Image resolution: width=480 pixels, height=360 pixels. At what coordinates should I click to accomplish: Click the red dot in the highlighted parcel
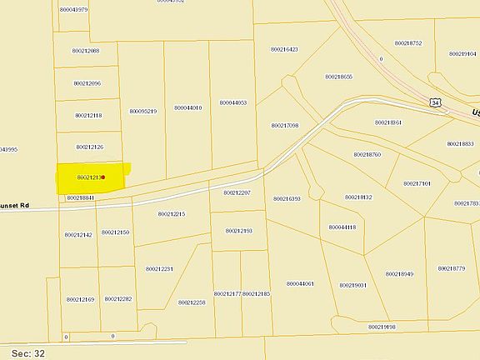(x=102, y=177)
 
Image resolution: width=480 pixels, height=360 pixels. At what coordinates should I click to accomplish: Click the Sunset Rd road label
(x=15, y=204)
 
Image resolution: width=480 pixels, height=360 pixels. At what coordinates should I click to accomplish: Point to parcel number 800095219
(x=143, y=111)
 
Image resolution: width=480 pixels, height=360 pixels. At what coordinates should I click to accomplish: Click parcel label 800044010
(x=188, y=107)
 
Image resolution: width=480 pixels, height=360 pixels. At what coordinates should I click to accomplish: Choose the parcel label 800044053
(x=233, y=102)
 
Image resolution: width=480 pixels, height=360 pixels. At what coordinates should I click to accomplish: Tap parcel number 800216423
(x=284, y=49)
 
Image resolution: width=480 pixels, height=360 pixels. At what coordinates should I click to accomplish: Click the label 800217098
(x=284, y=125)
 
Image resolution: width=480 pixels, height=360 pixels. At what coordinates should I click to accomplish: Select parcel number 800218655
(x=339, y=77)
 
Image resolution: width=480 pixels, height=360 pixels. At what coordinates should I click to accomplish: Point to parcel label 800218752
(x=408, y=42)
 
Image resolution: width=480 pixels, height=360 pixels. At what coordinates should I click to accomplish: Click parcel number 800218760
(x=367, y=154)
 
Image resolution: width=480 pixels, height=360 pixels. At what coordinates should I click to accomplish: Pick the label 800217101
(x=417, y=183)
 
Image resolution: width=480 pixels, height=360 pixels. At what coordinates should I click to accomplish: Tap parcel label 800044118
(x=342, y=227)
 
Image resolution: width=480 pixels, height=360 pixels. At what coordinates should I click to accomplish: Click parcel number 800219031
(x=352, y=285)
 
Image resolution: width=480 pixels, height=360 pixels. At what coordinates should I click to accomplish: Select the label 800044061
(x=300, y=284)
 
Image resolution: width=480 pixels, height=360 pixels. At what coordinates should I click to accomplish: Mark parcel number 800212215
(x=171, y=214)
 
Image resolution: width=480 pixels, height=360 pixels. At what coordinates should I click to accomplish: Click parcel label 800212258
(x=192, y=302)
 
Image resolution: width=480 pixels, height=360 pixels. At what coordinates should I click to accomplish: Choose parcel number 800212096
(x=87, y=83)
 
